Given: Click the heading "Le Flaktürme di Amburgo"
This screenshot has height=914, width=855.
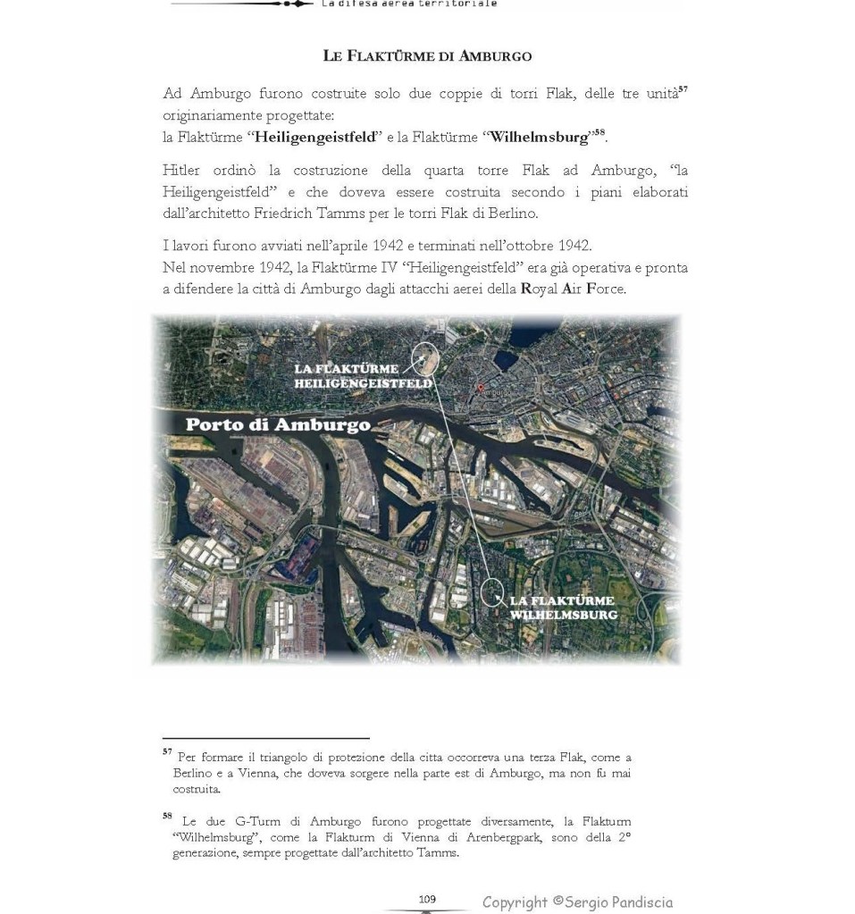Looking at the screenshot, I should (x=427, y=56).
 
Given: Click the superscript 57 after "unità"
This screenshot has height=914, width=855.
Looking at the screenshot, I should (x=683, y=89).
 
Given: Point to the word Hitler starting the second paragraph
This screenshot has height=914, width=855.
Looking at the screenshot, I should (x=182, y=171).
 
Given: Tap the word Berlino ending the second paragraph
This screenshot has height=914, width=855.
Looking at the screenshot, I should (x=513, y=214).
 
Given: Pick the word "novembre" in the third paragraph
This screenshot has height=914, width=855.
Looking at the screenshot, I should (x=215, y=268).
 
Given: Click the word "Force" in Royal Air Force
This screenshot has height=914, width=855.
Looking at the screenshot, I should (x=605, y=289).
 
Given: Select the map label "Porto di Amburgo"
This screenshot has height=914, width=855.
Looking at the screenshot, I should (x=277, y=425).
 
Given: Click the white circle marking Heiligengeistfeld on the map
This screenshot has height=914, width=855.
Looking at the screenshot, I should (x=425, y=359).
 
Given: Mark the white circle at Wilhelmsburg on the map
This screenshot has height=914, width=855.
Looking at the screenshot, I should (x=492, y=592).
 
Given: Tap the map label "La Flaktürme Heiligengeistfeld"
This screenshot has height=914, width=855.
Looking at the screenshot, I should (x=362, y=376).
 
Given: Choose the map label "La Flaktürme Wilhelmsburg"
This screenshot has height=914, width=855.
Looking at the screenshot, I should (x=562, y=608).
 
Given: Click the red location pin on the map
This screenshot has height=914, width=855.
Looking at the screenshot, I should (x=480, y=390).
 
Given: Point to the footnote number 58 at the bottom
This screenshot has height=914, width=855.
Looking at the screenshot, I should (x=167, y=815).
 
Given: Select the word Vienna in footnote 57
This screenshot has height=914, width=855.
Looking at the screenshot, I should (x=253, y=774).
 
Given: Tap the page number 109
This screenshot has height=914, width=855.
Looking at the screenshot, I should (x=426, y=900).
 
